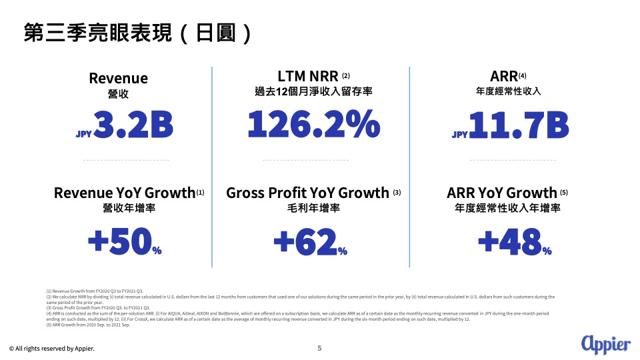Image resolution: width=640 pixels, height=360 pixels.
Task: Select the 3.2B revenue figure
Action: click(134, 126)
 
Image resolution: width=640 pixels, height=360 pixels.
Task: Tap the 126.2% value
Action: click(313, 125)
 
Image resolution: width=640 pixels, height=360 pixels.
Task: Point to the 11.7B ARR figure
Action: click(519, 126)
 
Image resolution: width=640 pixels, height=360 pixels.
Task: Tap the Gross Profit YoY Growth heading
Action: click(308, 193)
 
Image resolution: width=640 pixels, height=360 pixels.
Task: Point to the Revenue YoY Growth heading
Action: click(124, 193)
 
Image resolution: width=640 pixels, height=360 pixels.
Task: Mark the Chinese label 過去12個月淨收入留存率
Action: click(313, 91)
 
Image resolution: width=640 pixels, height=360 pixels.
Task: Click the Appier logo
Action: click(605, 343)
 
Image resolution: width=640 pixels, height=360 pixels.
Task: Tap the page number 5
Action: click(319, 348)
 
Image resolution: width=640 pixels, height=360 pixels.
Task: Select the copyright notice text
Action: click(51, 349)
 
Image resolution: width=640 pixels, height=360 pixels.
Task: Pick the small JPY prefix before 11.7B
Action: click(460, 134)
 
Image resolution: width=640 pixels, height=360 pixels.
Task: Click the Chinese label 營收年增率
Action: click(118, 208)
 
